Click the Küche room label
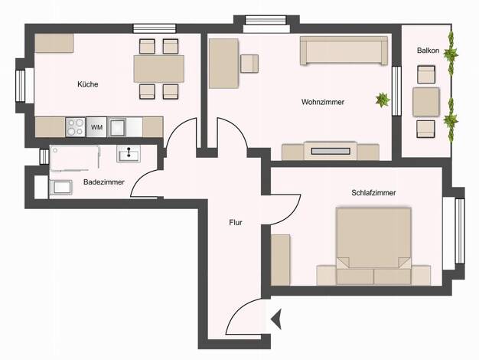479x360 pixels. coord(88,84)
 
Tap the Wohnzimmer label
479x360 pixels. coord(323,102)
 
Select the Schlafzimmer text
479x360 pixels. coord(373,193)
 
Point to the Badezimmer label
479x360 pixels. coord(104,182)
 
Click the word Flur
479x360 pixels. coord(236,222)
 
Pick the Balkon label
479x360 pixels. coord(428,51)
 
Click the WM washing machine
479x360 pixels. coord(97,127)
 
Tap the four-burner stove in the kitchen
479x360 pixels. coord(76,127)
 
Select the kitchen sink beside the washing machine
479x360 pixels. coord(116,127)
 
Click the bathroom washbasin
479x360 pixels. coord(129,153)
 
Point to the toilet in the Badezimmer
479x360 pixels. coord(60,187)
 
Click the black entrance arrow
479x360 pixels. coord(276,319)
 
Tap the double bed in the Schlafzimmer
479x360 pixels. coord(373,246)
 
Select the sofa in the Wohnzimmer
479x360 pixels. coord(344,51)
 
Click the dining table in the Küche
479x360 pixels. coord(159,69)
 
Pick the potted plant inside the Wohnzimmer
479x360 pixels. coord(383,100)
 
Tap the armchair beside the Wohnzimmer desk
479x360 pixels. coord(249,64)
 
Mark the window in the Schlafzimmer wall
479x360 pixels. coord(459,231)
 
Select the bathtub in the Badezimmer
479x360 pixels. coord(75,158)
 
